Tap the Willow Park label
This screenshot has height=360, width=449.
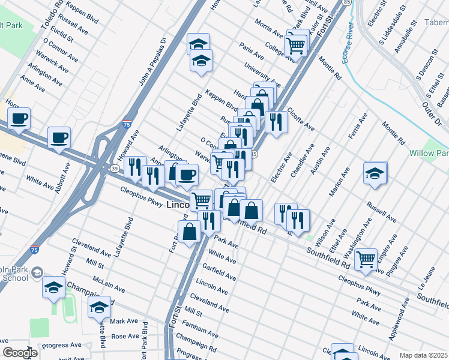(x=428, y=153)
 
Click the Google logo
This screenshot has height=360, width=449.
(x=20, y=353)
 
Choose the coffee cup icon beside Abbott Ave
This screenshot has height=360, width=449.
(x=59, y=137)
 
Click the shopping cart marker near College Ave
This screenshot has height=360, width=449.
(x=296, y=44)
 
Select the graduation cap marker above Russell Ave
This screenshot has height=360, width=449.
(x=375, y=173)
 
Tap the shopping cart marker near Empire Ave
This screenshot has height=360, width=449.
(x=366, y=259)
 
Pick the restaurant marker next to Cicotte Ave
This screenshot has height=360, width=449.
(x=276, y=122)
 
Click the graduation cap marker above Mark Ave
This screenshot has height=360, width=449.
(x=99, y=307)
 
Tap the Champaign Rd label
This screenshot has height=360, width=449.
(x=198, y=346)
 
